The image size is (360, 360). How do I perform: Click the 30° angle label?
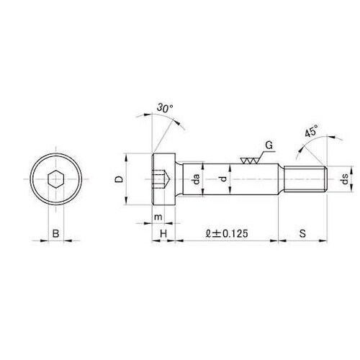pyautogui.click(x=165, y=108)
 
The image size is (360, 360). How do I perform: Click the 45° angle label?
pyautogui.click(x=312, y=131)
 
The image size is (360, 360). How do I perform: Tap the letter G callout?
pyautogui.click(x=269, y=145)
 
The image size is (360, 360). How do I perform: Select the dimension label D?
pyautogui.click(x=119, y=179)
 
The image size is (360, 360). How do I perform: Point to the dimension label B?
pyautogui.click(x=55, y=233)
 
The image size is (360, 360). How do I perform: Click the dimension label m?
pyautogui.click(x=158, y=217)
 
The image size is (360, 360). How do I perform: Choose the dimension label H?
pyautogui.click(x=163, y=233)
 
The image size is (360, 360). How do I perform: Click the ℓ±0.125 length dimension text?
pyautogui.click(x=227, y=233)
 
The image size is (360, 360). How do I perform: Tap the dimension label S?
pyautogui.click(x=302, y=233)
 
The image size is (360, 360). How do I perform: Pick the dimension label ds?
pyautogui.click(x=345, y=179)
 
